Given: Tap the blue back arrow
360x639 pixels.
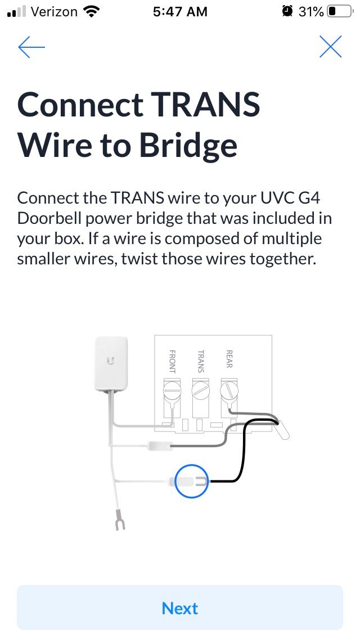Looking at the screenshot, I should [x=31, y=47].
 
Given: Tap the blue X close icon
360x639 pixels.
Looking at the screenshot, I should [x=330, y=47].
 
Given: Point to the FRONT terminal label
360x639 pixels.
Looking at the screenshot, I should [x=172, y=362].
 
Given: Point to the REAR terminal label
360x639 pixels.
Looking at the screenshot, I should [x=229, y=359].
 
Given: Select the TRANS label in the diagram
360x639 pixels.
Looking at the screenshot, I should [x=200, y=361].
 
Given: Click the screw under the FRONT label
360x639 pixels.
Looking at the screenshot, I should [x=172, y=390].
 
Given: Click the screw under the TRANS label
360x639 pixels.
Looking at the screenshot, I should [x=201, y=390].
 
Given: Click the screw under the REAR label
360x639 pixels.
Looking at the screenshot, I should [x=229, y=390].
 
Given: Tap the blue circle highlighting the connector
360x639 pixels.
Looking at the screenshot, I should [x=192, y=481].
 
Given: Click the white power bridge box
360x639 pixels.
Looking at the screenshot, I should [x=111, y=363].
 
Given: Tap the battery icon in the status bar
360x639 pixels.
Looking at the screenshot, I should [x=339, y=11].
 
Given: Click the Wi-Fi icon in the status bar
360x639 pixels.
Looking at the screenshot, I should [x=90, y=11].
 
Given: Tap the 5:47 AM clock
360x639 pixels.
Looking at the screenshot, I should [x=179, y=11].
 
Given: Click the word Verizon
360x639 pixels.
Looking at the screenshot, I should [x=54, y=11].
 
